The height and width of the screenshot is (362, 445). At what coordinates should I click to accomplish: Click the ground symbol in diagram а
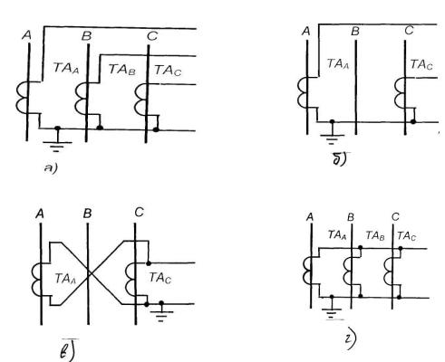(57, 142)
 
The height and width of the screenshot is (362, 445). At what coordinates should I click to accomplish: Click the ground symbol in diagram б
(332, 135)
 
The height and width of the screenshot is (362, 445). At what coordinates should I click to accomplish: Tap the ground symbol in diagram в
(161, 312)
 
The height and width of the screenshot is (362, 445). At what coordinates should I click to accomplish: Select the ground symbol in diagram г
(332, 310)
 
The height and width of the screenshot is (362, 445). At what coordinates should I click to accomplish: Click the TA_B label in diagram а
(122, 70)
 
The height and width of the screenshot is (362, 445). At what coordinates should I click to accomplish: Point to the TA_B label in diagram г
(375, 235)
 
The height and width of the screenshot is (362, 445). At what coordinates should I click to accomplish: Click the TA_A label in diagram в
(66, 279)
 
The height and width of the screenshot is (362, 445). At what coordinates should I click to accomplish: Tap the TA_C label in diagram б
(421, 64)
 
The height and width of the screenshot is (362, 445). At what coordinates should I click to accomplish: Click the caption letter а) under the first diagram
(51, 168)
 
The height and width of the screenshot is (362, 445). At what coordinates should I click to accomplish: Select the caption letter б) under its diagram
(341, 159)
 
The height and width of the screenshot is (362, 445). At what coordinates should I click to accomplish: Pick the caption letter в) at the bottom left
(68, 350)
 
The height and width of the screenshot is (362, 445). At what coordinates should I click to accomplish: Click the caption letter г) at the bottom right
(351, 341)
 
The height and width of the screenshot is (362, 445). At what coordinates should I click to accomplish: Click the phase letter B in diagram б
(355, 32)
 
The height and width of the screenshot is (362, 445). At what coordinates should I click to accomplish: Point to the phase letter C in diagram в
(139, 213)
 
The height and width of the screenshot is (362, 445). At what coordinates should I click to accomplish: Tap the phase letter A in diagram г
(309, 217)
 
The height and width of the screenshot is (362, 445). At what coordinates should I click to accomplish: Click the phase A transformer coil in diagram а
(21, 97)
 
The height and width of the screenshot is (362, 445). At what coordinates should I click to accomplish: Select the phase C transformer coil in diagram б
(400, 93)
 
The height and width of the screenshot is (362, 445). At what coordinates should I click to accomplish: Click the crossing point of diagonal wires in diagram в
(89, 273)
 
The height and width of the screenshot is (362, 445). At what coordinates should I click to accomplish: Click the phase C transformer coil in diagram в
(131, 279)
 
